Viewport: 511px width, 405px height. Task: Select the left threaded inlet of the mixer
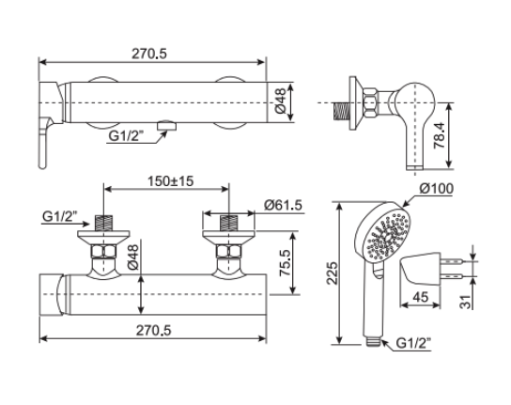point(103,226)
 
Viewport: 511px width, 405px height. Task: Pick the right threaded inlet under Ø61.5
point(226,226)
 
